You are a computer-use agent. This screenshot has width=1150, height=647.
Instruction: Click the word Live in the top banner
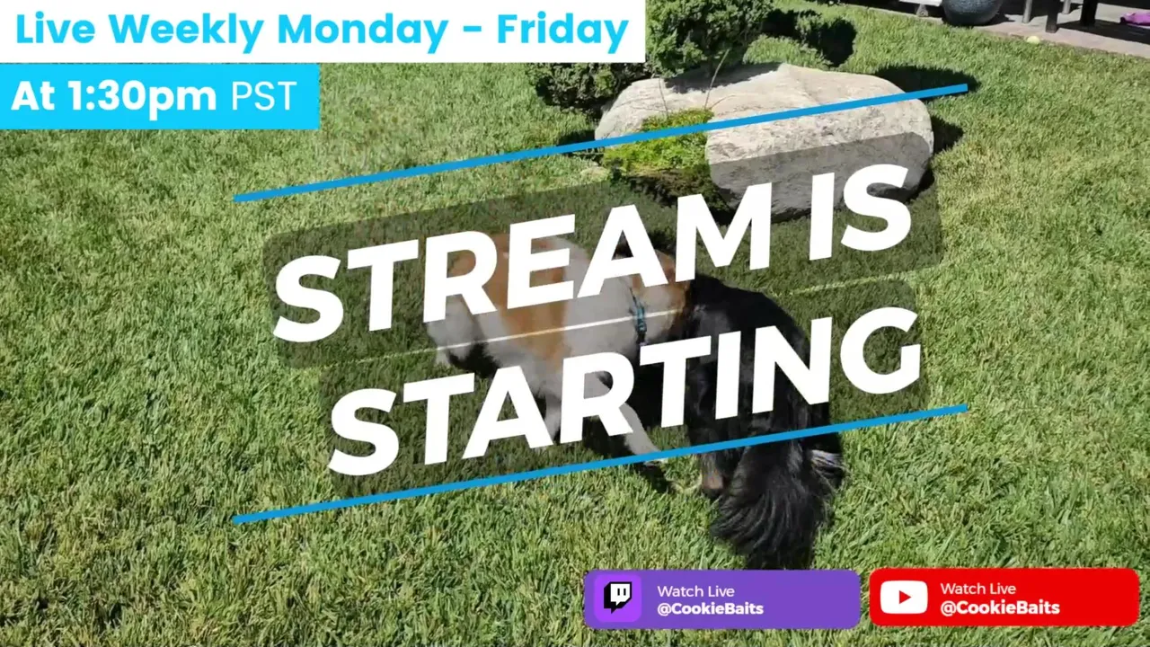56,30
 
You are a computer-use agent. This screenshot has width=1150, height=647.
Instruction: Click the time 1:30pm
143,96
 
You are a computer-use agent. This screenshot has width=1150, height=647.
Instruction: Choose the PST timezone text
264,95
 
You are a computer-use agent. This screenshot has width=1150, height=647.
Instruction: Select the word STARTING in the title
624,390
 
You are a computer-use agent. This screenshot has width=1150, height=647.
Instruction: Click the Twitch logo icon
618,598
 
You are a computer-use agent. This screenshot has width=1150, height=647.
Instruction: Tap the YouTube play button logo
904,598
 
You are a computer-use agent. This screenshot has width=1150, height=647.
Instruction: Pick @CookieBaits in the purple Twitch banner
710,609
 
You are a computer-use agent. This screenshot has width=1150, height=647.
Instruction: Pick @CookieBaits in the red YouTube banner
1000,608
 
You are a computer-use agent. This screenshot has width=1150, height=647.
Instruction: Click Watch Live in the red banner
978,589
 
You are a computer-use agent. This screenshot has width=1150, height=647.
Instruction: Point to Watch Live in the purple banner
695,591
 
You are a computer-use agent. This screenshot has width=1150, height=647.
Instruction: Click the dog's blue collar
639,317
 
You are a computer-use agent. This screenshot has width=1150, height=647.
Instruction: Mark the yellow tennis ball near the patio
1034,39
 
